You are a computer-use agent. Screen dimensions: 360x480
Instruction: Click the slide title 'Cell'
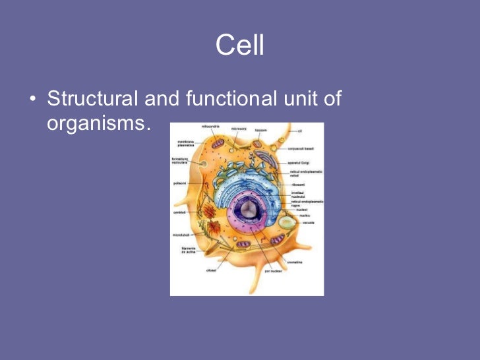239,46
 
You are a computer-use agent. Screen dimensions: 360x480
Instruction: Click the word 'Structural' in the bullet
92,100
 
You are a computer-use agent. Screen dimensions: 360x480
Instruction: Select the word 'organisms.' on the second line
95,123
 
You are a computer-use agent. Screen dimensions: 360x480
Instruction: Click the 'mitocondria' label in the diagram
210,127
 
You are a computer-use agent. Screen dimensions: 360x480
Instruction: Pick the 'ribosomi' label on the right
297,185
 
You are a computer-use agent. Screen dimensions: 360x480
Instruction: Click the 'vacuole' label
309,223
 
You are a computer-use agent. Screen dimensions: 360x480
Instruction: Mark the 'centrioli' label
179,213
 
